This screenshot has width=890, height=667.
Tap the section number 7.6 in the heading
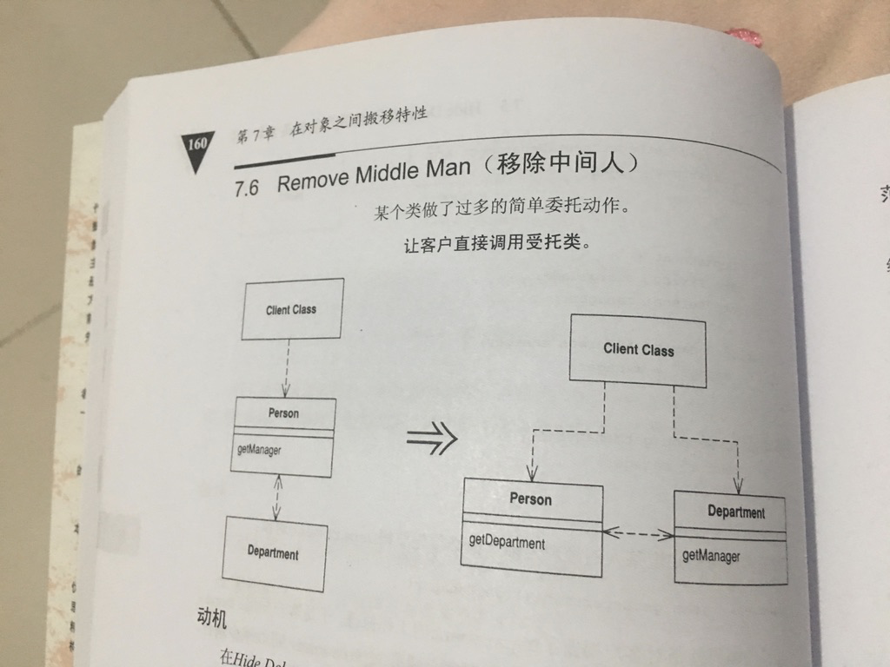tap(248, 188)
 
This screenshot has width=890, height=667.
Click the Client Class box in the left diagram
tap(292, 309)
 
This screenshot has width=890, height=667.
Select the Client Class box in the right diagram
tap(638, 349)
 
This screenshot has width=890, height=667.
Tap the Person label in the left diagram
tap(283, 413)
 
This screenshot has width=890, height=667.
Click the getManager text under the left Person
tap(260, 450)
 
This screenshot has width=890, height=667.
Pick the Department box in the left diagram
tap(274, 553)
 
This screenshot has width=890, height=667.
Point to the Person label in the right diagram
tap(530, 499)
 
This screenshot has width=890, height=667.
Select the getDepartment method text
tap(508, 543)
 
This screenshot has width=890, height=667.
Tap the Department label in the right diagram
tap(735, 512)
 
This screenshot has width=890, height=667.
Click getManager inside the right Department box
tap(711, 555)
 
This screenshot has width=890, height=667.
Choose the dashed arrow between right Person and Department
tap(638, 534)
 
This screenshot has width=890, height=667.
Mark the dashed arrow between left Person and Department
tap(276, 497)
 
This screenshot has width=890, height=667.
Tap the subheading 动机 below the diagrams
tap(212, 618)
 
